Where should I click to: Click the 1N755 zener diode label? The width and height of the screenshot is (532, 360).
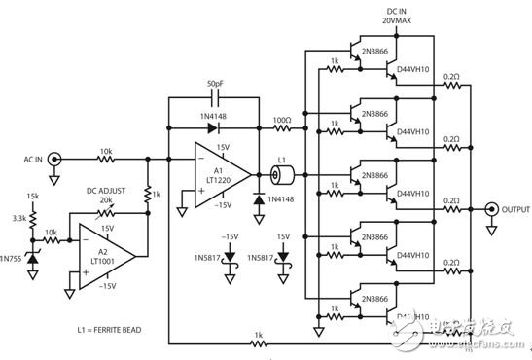coord(15,261)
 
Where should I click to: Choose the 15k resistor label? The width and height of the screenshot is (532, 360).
coord(34,198)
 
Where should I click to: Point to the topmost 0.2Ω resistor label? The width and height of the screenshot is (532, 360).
coord(450,76)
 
